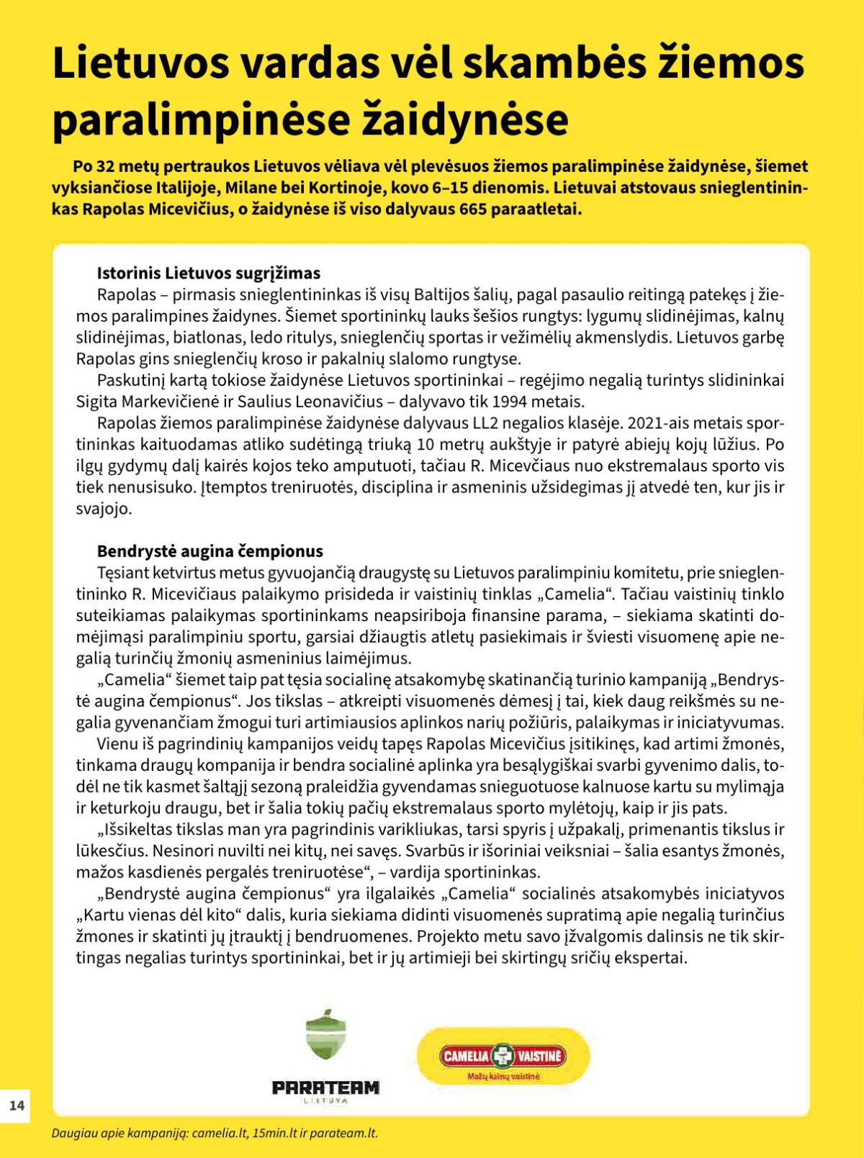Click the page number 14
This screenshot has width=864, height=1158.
[17, 1105]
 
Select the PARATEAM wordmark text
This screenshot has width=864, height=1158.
[325, 1087]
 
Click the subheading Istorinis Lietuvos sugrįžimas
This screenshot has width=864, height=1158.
[209, 273]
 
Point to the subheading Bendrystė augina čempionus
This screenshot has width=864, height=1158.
[210, 551]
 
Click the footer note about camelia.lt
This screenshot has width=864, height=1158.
[215, 1133]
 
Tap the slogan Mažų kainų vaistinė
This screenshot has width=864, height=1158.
[503, 1077]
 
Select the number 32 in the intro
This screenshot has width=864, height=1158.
[106, 166]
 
